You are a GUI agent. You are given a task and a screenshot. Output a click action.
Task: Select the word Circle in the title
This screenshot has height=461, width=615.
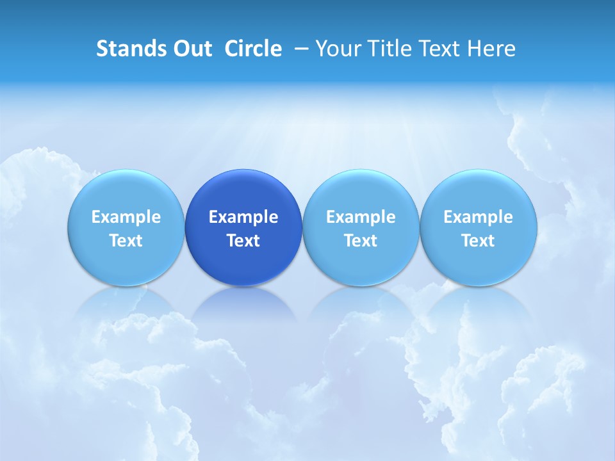(253, 49)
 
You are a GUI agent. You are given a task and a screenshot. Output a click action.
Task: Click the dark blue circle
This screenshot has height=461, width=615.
(243, 192)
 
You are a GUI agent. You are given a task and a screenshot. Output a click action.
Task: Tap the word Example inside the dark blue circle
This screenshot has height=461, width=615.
(243, 217)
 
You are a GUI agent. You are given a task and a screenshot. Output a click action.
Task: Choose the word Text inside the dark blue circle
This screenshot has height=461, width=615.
(243, 241)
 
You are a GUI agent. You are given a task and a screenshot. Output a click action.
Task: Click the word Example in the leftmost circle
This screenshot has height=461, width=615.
(126, 217)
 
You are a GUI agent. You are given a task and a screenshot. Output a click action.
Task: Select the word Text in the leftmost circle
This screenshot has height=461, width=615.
(126, 241)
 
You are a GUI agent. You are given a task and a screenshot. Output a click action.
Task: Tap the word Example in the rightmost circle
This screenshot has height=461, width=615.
(479, 217)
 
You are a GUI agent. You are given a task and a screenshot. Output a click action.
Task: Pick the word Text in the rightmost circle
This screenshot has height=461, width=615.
(479, 241)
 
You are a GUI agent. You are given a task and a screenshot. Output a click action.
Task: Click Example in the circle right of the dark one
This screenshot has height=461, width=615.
(361, 217)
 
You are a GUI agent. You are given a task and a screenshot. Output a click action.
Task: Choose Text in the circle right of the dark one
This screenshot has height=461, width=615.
(361, 241)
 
